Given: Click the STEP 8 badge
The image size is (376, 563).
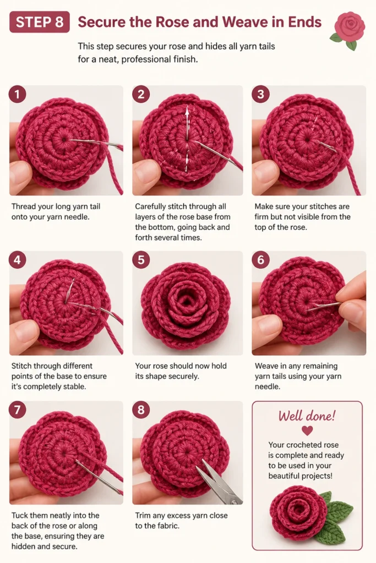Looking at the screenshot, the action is [40, 22].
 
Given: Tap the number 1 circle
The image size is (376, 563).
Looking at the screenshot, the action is [17, 94].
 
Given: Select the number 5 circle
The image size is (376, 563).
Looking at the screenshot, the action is [141, 260].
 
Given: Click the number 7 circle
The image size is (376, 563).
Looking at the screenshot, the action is [17, 410].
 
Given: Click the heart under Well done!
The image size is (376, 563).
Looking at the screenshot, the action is [307, 430].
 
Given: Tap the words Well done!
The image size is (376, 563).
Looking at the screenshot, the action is [307, 416].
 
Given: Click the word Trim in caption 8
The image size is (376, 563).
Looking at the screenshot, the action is [143, 515].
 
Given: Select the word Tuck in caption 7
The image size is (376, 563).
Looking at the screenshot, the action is [19, 515].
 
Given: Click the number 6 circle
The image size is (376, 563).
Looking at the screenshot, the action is [260, 260].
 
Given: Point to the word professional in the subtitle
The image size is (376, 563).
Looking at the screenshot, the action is [142, 59].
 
